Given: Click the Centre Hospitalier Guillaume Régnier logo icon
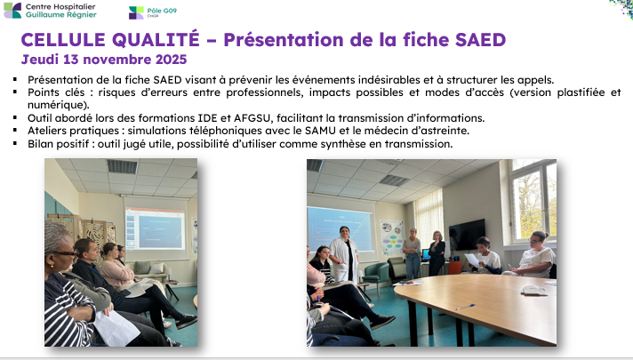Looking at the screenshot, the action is [x=12, y=11].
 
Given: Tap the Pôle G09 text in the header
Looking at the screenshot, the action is [x=162, y=11].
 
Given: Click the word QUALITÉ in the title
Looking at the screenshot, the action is [x=156, y=39].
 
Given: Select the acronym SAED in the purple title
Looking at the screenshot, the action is [x=480, y=39].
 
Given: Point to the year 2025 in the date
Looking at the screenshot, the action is [x=172, y=60].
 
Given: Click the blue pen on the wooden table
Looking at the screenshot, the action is [x=466, y=308].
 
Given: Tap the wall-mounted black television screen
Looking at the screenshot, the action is [x=467, y=235].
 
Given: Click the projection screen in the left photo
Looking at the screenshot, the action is [x=156, y=228].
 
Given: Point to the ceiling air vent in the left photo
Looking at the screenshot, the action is [x=123, y=166].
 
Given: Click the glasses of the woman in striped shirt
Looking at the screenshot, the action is [x=66, y=253].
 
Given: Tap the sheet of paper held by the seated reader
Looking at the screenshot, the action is [x=471, y=260].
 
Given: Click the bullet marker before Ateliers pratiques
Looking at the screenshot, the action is [x=15, y=131].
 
